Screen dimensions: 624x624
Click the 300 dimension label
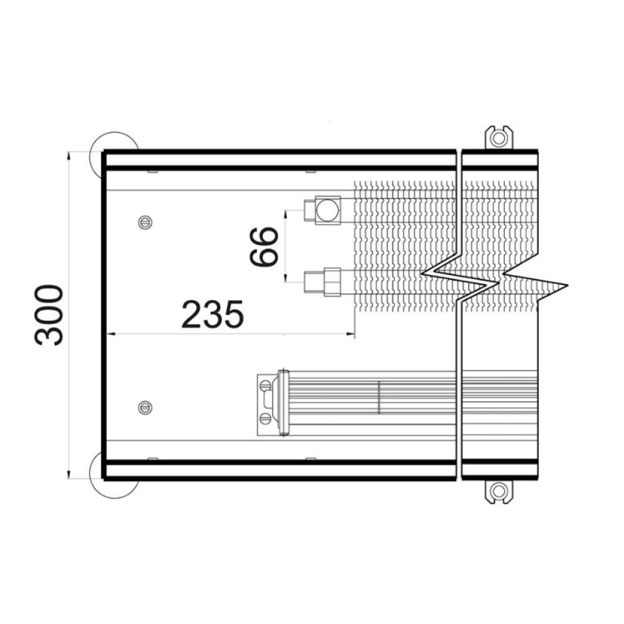49,314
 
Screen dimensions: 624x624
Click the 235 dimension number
212,314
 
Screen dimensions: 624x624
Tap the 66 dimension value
263,246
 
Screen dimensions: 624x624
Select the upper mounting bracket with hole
498,138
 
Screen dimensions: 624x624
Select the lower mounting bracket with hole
498,492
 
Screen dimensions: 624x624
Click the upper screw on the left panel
145,222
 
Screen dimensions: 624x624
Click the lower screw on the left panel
145,407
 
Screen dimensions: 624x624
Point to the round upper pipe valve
326,210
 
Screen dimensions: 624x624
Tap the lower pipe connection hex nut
332,282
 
